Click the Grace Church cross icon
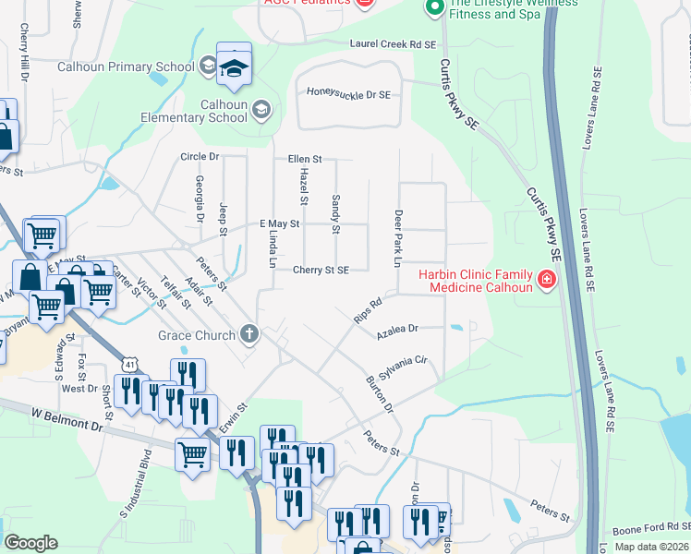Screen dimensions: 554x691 click(x=248, y=334)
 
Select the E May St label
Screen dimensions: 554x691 click(x=280, y=224)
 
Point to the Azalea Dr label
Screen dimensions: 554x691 click(x=397, y=329)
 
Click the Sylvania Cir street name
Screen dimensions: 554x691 click(x=406, y=360)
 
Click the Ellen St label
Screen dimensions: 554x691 click(x=304, y=159)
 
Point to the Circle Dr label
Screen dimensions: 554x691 click(x=200, y=157)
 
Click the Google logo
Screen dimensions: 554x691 click(x=31, y=542)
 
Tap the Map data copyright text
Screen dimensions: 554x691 click(x=651, y=548)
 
